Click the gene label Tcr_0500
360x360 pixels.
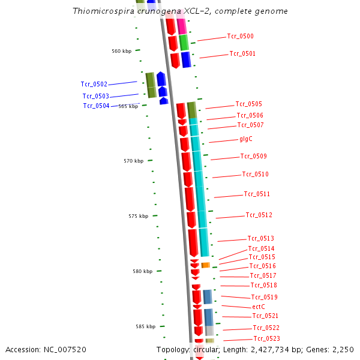click(240, 37)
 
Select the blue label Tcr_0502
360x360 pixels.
click(94, 85)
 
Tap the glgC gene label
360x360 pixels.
click(246, 139)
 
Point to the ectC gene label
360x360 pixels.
click(259, 307)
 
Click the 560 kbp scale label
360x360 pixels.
click(121, 51)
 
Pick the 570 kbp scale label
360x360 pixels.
click(133, 161)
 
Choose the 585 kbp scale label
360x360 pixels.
click(145, 327)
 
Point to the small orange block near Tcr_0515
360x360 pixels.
click(205, 265)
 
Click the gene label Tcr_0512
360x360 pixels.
click(259, 215)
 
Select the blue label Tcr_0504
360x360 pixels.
click(96, 106)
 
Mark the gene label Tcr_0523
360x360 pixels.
click(266, 339)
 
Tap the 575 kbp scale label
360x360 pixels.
click(138, 217)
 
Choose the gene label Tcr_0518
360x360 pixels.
click(263, 286)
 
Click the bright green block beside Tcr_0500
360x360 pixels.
click(184, 42)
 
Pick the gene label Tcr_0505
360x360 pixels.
click(248, 104)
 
